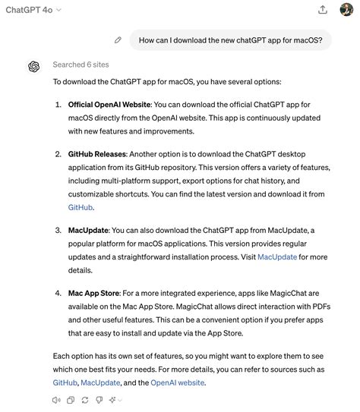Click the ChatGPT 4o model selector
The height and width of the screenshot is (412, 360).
tap(33, 10)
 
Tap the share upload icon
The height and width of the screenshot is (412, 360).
tap(323, 10)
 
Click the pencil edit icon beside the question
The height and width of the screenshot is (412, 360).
tap(118, 39)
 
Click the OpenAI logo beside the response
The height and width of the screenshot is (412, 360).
tap(34, 66)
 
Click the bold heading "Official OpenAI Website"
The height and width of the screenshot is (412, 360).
tap(109, 104)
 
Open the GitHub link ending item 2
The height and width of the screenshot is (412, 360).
tap(81, 206)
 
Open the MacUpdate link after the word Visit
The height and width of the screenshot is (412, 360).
tap(277, 256)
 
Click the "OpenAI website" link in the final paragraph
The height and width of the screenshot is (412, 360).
tap(178, 383)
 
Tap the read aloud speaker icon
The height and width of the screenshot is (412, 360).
tap(57, 400)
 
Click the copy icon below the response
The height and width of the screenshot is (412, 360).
tap(71, 400)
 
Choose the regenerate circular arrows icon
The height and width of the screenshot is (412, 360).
tap(84, 400)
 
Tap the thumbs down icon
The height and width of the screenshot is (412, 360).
tap(98, 400)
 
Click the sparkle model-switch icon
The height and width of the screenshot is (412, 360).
tap(114, 400)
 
